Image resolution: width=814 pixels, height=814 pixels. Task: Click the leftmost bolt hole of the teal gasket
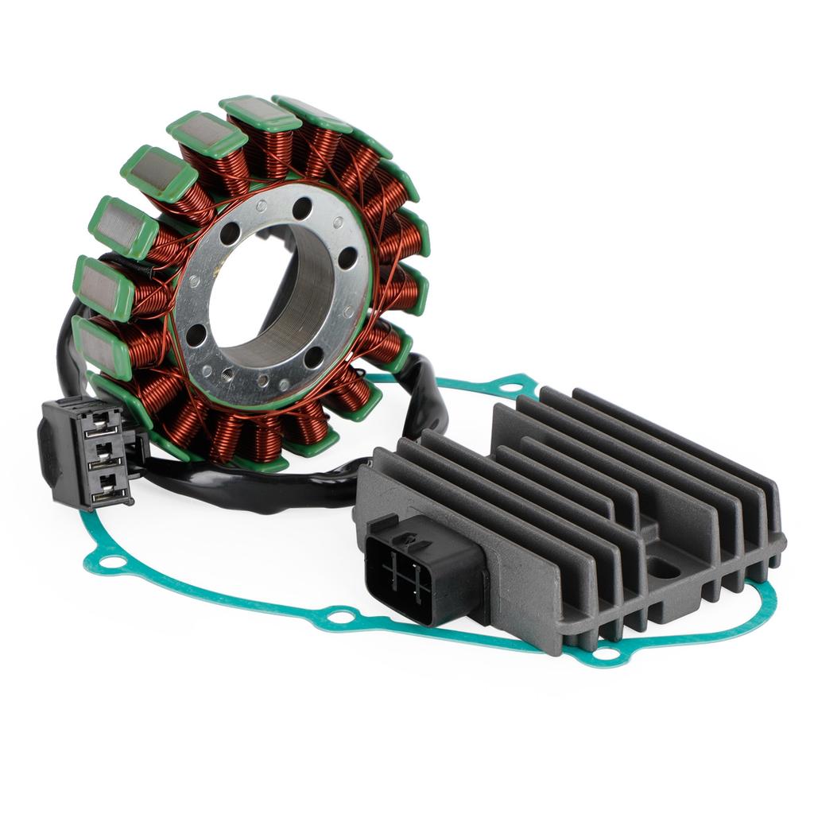(x=114, y=564)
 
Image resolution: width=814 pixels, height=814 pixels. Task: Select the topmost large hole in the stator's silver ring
(x=301, y=208)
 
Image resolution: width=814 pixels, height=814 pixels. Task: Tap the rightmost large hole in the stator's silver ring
(x=347, y=258)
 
